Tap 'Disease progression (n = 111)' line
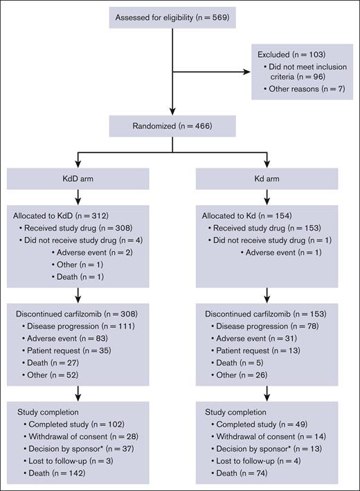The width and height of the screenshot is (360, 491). coord(78,326)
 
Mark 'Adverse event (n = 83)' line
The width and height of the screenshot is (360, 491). coord(66,339)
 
